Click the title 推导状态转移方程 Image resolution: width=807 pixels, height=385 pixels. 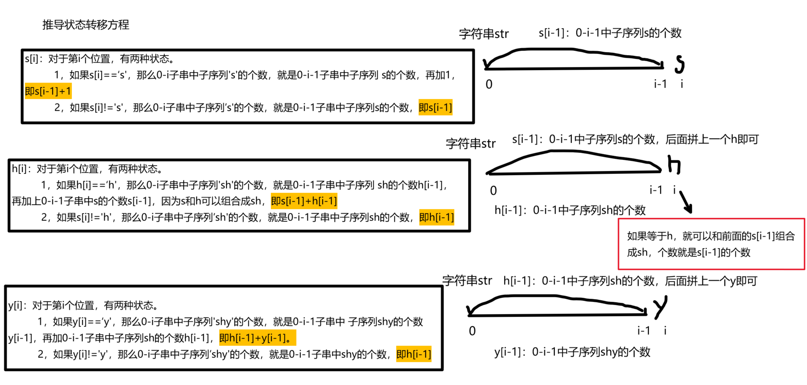click(86, 24)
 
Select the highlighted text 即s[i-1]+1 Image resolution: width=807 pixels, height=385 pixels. click(48, 91)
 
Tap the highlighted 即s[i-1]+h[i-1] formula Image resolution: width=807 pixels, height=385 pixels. click(304, 201)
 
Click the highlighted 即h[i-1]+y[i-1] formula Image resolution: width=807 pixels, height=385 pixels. click(257, 338)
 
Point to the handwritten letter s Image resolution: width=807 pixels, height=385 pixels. click(679, 65)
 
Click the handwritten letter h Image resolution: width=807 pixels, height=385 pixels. click(674, 165)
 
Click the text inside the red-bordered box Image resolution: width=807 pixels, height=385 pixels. click(711, 244)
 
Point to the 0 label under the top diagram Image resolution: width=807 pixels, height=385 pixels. click(489, 84)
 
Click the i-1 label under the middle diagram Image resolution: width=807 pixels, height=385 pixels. click(656, 190)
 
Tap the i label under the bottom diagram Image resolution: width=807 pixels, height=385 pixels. click(665, 330)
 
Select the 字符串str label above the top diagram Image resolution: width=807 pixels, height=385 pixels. click(484, 34)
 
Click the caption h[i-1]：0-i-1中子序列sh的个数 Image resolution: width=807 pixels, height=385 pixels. click(570, 210)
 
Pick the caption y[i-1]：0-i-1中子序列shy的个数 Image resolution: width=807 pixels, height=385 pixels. click(572, 352)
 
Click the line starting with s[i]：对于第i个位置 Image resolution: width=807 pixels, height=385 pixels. click(99, 59)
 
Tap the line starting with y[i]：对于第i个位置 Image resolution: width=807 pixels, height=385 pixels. click(83, 305)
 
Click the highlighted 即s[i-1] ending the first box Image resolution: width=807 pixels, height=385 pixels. click(435, 108)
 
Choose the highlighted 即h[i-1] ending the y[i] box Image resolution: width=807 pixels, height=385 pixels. click(413, 354)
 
